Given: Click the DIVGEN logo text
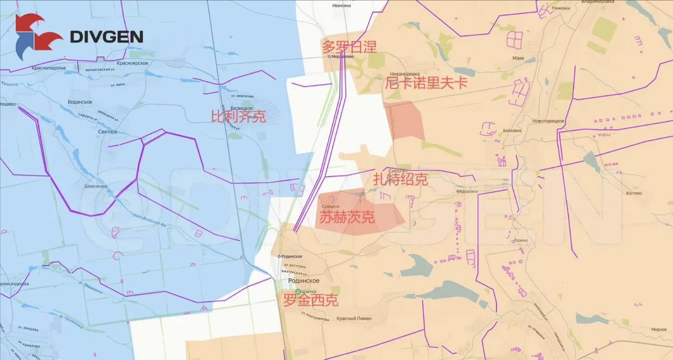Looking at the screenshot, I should point(106,36).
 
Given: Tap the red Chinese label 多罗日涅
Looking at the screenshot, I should point(350,47).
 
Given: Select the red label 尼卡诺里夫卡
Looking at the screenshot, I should point(426,83).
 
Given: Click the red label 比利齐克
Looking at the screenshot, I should point(238,117).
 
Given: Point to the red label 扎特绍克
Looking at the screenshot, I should point(400,180).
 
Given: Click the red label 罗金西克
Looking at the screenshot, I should point(311,301).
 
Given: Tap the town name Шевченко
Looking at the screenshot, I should point(96,186).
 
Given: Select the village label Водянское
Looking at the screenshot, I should point(80,102).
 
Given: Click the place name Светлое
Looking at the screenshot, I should point(107,132).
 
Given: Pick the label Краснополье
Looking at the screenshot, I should point(48,68).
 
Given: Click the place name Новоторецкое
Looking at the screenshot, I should point(548,121).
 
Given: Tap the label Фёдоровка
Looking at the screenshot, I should point(466,191).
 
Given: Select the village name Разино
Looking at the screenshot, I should point(521,240).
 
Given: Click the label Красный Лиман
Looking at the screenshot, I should point(354,318).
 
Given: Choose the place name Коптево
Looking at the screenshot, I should point(634,193).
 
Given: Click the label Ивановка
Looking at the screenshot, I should point(341,5).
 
